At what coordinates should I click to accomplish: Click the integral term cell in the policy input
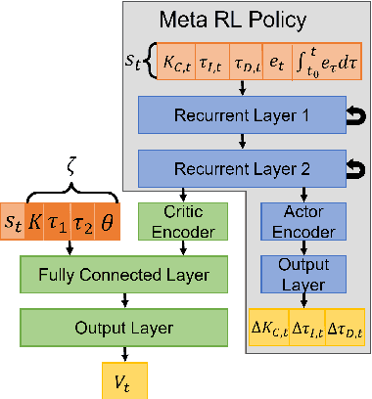[x=323, y=66]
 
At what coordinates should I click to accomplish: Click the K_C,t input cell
[x=175, y=66]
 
